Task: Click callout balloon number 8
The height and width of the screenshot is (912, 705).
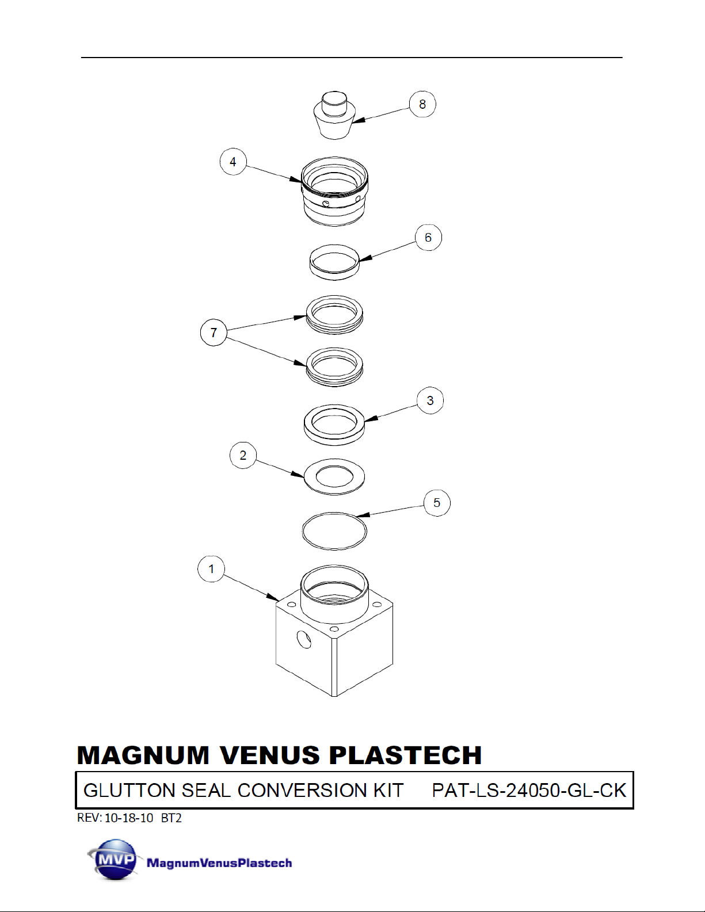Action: coord(422,104)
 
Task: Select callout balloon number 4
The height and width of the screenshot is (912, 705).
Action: coord(233,162)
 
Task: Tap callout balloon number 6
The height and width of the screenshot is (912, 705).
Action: coord(428,238)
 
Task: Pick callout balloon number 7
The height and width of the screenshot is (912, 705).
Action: coord(214,333)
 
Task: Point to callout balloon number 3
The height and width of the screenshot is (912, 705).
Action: coord(430,400)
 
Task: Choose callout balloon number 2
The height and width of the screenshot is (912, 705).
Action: coord(243,455)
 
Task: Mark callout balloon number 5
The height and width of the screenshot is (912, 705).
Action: coord(437,503)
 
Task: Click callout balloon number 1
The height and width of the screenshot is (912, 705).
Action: coord(211,569)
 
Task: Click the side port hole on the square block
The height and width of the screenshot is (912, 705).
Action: coord(303,639)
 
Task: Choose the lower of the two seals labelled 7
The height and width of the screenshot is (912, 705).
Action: coord(334,367)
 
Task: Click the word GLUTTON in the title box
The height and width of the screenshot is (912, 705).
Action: coord(129,790)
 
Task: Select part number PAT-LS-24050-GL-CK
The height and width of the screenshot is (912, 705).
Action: coord(529,790)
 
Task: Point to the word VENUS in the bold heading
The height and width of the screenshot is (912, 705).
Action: coord(270,755)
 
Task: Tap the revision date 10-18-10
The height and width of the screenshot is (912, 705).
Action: coord(129,818)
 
